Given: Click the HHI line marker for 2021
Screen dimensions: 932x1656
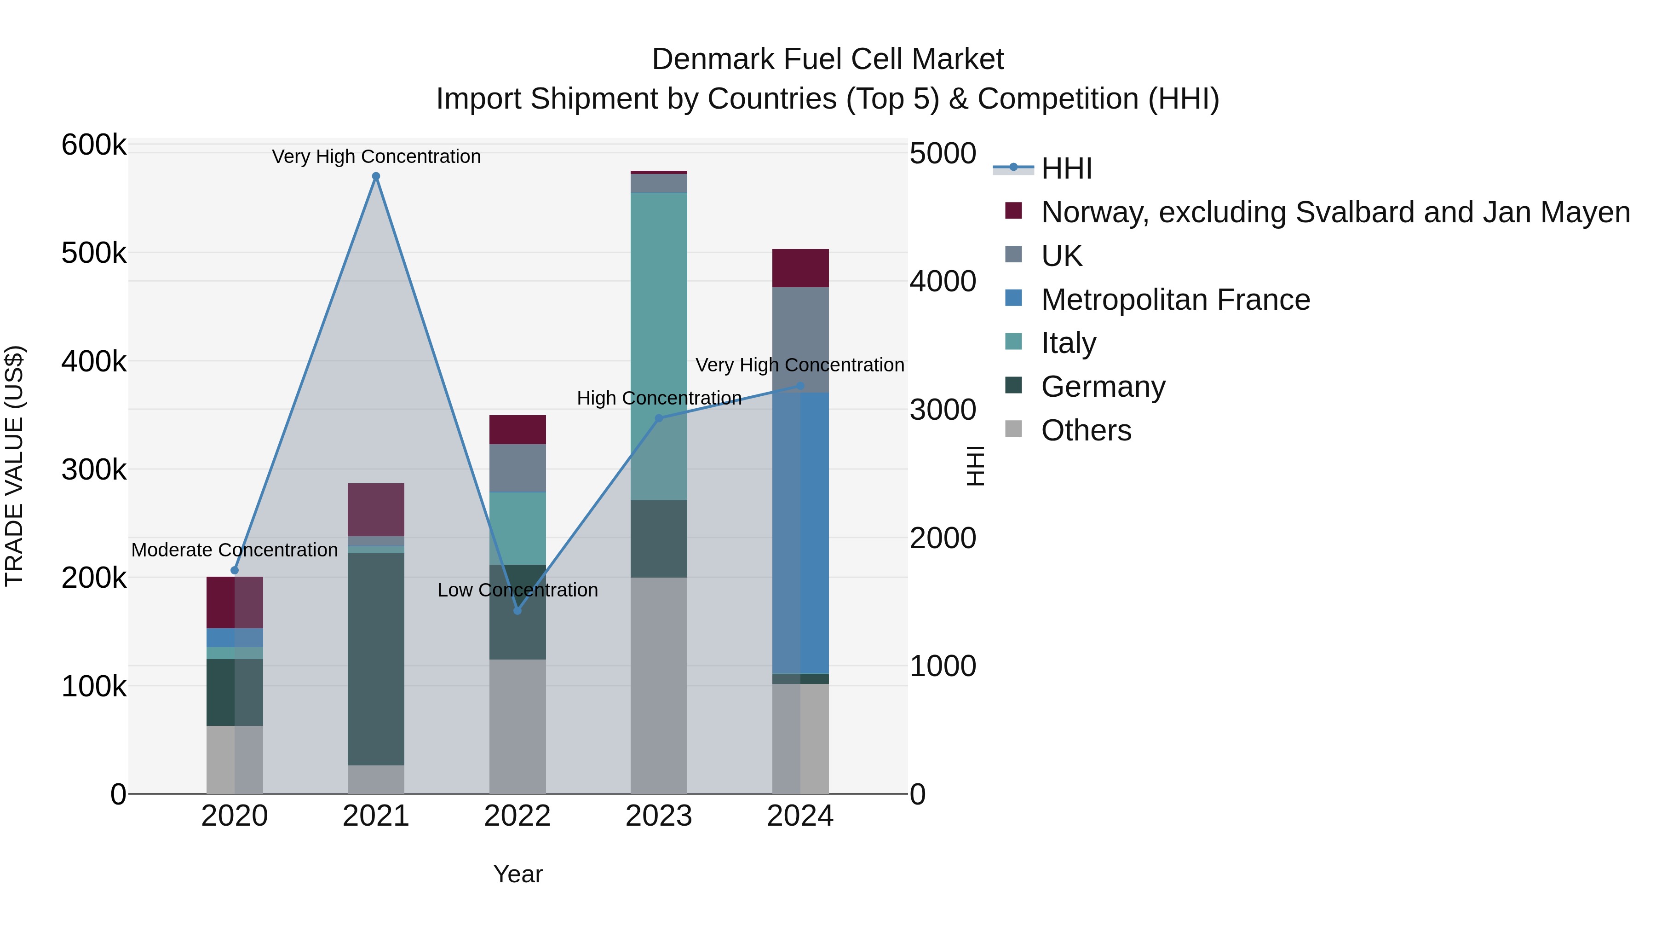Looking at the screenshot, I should (376, 176).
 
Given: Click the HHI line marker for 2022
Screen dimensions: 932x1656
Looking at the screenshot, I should (517, 610).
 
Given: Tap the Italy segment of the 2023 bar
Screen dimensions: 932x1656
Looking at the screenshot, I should (658, 322).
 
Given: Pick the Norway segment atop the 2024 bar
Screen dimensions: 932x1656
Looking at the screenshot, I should (800, 267).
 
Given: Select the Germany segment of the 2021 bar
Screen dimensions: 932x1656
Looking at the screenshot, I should (376, 659).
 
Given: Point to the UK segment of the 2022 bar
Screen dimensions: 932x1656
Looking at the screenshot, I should (517, 468).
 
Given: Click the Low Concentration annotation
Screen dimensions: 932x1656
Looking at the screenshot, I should (517, 590).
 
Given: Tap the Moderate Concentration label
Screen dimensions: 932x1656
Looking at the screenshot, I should (235, 550).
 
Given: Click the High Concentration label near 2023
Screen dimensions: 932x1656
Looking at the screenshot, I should (659, 398).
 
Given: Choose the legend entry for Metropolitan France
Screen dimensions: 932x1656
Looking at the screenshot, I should (1175, 300).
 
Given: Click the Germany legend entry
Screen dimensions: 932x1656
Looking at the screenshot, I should (1103, 387).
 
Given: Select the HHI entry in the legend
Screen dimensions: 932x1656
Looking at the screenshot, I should (1066, 168).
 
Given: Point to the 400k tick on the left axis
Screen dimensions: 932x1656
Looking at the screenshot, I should (94, 361).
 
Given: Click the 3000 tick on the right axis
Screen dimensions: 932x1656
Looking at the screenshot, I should (943, 410).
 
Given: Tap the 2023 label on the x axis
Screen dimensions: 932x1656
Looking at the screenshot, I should (658, 816).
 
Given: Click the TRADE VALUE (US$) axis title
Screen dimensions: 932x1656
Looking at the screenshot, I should (14, 466).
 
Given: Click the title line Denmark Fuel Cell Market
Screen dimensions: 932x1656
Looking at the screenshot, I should (828, 59).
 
